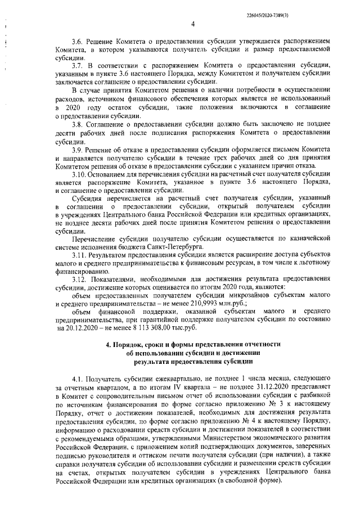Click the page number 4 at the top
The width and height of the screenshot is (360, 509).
click(x=192, y=24)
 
